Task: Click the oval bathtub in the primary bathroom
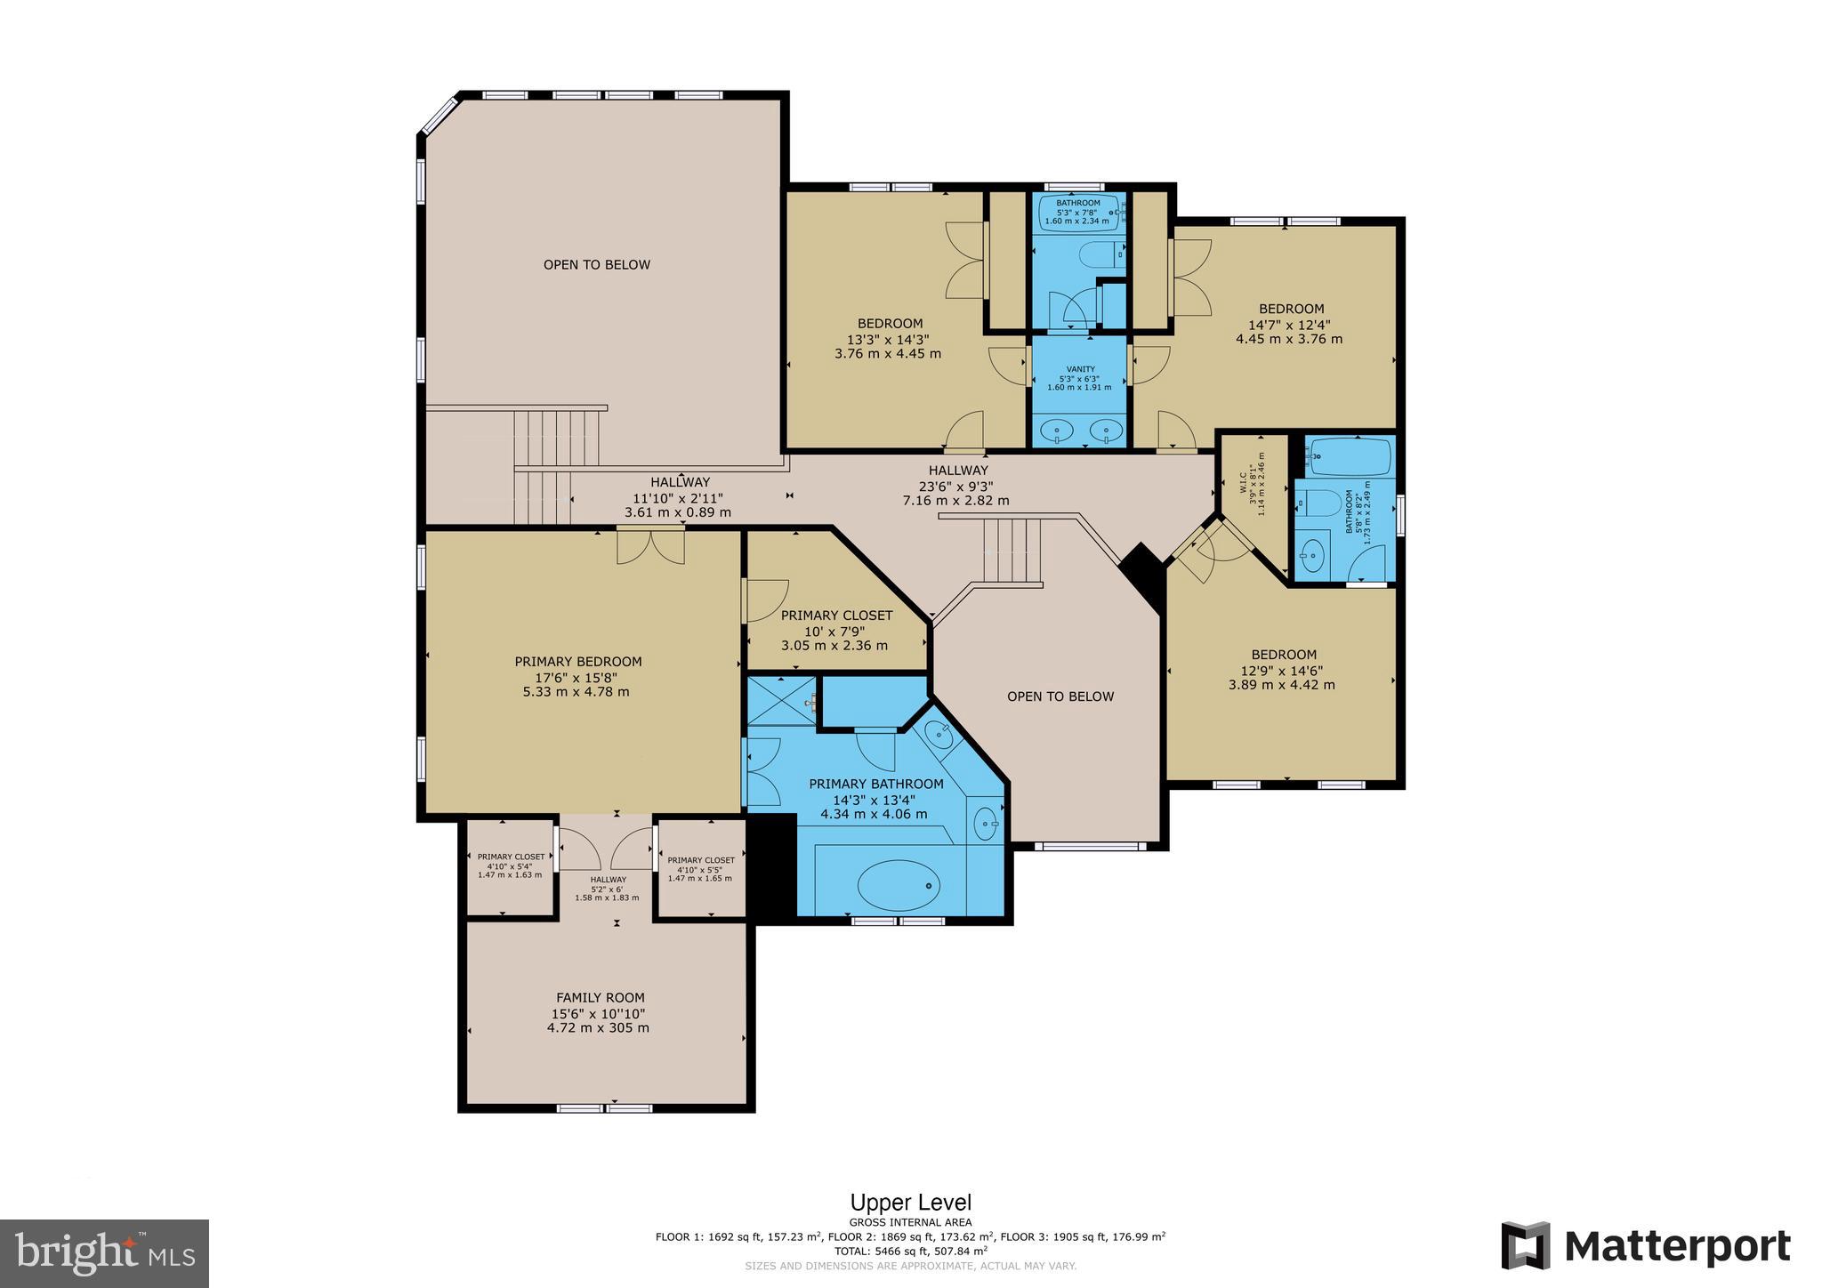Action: click(x=899, y=885)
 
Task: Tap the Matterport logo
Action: click(x=1646, y=1246)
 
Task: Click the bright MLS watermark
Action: click(x=104, y=1253)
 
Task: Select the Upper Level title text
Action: click(x=910, y=1203)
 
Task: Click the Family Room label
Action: click(x=601, y=998)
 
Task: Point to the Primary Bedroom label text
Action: click(x=577, y=662)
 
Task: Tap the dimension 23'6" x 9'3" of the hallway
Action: click(x=955, y=486)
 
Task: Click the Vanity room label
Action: click(x=1080, y=369)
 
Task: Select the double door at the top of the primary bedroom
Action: click(x=651, y=545)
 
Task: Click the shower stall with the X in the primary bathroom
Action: click(x=781, y=700)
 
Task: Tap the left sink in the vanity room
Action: click(x=1057, y=431)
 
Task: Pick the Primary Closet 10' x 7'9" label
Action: click(x=836, y=616)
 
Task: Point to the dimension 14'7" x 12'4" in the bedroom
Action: click(x=1289, y=325)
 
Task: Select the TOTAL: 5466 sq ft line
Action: click(x=910, y=1250)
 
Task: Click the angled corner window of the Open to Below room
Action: click(x=439, y=115)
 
